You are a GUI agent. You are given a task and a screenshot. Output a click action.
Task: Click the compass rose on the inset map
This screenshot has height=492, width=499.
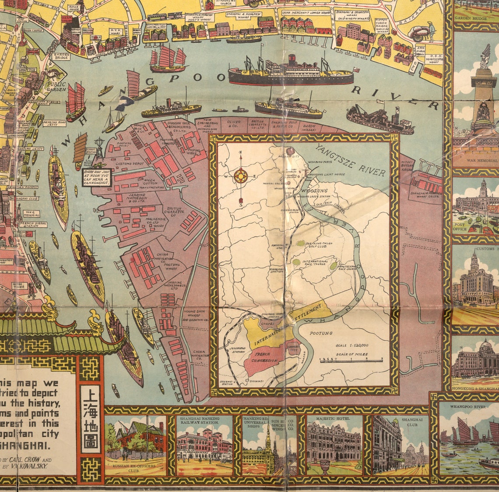[x=240, y=176]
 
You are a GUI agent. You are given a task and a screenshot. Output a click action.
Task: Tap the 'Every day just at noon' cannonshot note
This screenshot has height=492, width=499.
[x=97, y=177]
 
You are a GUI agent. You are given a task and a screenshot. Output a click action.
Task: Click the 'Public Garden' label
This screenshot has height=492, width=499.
[x=56, y=86]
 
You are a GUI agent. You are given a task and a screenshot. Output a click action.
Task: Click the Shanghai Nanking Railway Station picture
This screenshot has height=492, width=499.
[x=204, y=444]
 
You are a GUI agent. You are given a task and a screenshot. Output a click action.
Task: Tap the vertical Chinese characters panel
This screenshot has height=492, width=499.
[x=90, y=419]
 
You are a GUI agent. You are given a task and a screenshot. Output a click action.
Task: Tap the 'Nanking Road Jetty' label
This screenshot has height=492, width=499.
[x=54, y=123]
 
